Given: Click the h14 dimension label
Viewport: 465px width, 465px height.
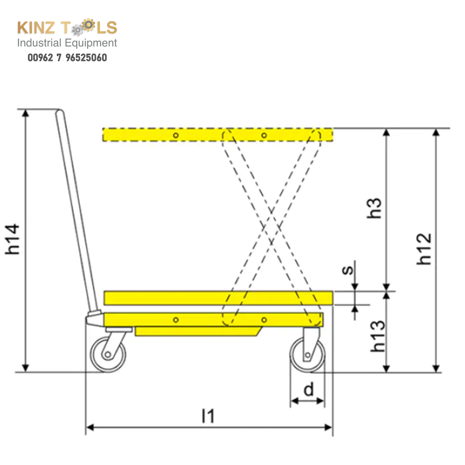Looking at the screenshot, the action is pos(13,239).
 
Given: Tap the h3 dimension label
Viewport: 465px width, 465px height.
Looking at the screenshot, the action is pos(374,208).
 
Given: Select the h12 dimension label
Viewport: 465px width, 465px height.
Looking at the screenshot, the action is pos(424,249).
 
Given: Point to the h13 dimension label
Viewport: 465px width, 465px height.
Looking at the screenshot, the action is pos(378,336).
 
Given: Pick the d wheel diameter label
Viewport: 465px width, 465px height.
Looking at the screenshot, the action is pos(309,390).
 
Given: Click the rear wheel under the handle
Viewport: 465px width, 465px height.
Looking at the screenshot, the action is pos(108,354).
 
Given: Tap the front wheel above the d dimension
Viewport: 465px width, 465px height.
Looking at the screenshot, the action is pos(308,355).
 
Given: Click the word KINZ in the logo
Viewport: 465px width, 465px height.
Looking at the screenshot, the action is pos(36,28).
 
